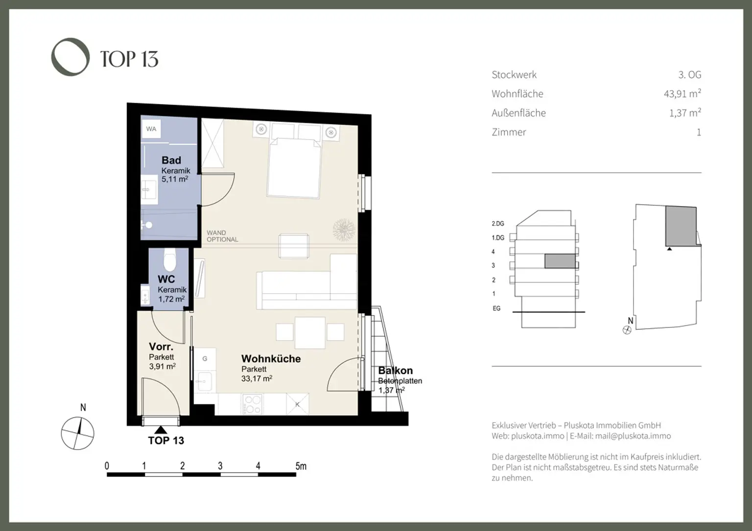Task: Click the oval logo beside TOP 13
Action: point(70,57)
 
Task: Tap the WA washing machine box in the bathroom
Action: point(151,129)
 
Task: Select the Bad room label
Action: point(171,160)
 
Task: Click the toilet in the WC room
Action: point(169,260)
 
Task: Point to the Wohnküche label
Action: point(271,359)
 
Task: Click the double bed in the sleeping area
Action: point(293,168)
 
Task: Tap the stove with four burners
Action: point(252,404)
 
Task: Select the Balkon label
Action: point(395,370)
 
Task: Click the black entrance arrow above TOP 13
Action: point(160,430)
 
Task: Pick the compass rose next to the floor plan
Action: point(77,433)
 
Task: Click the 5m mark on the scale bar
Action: point(301,466)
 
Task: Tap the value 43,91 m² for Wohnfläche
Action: point(682,93)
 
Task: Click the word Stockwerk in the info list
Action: point(514,75)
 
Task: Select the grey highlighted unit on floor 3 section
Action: point(560,261)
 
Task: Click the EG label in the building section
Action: point(496,308)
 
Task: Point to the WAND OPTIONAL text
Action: point(222,236)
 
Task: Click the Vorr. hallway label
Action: point(161,347)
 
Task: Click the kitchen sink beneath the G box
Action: point(204,380)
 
